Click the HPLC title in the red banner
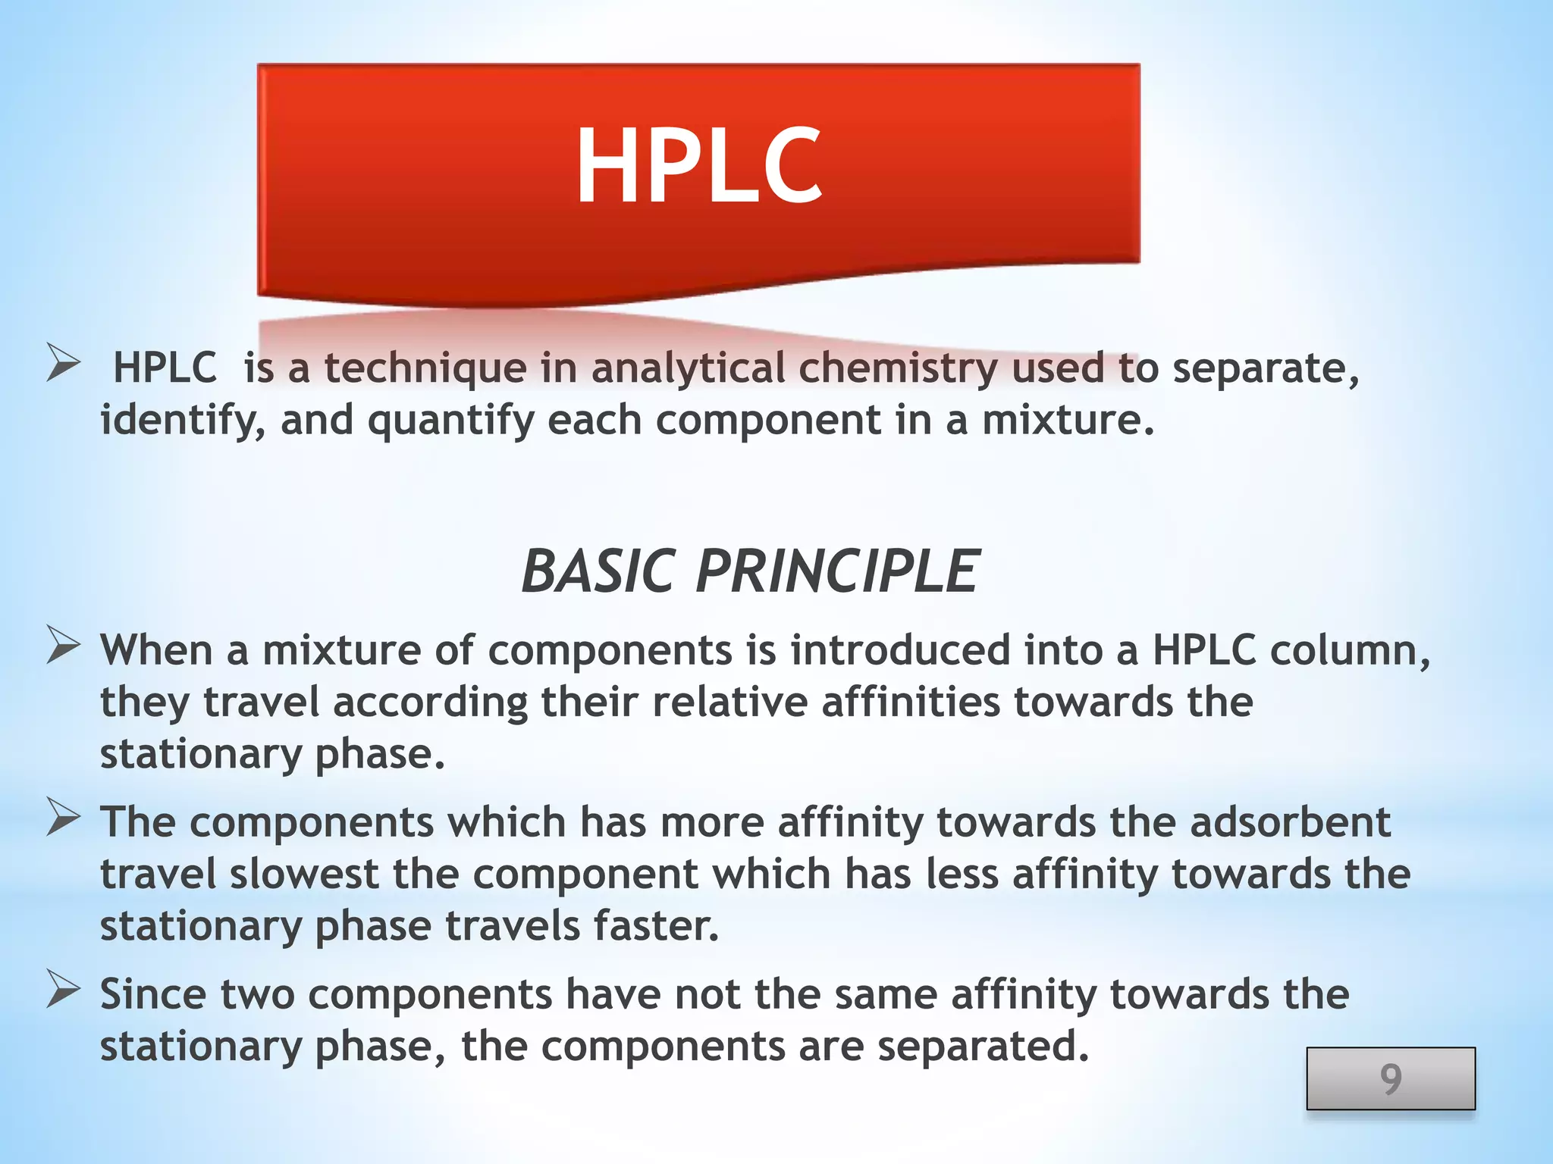[698, 165]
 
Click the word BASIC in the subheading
[598, 571]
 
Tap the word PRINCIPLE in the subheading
[837, 571]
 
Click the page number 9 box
[1390, 1078]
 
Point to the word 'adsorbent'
[1290, 822]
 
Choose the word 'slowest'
[303, 875]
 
